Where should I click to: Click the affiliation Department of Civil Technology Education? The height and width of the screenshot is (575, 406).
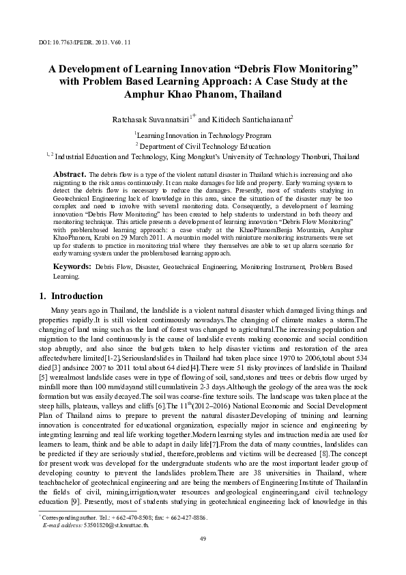pos(204,145)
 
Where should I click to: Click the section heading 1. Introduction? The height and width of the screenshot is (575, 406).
pos(68,296)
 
